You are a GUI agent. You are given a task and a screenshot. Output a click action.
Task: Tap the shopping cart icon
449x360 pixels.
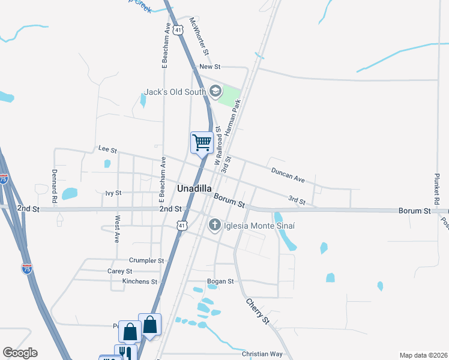(202, 143)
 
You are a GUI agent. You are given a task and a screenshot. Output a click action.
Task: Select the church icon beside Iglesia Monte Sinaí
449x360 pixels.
(214, 226)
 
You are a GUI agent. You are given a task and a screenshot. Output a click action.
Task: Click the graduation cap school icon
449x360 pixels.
(215, 92)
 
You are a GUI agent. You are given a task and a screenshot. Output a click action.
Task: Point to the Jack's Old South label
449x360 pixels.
(175, 92)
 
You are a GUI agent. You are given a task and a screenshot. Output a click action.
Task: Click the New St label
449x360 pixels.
(211, 67)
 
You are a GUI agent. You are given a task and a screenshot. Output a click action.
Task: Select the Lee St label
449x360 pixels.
(107, 148)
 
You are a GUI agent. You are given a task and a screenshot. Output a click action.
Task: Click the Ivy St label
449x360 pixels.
(113, 193)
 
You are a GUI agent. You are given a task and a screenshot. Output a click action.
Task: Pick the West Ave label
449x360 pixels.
(118, 229)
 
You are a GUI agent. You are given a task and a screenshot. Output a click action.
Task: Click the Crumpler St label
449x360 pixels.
(146, 261)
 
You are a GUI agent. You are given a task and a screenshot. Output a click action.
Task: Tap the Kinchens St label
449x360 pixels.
(139, 281)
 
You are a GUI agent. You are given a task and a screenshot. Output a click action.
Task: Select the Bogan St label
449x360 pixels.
(220, 281)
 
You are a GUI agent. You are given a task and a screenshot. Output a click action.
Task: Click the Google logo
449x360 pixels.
(19, 353)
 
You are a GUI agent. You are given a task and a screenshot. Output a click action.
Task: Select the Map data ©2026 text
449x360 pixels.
(424, 355)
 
